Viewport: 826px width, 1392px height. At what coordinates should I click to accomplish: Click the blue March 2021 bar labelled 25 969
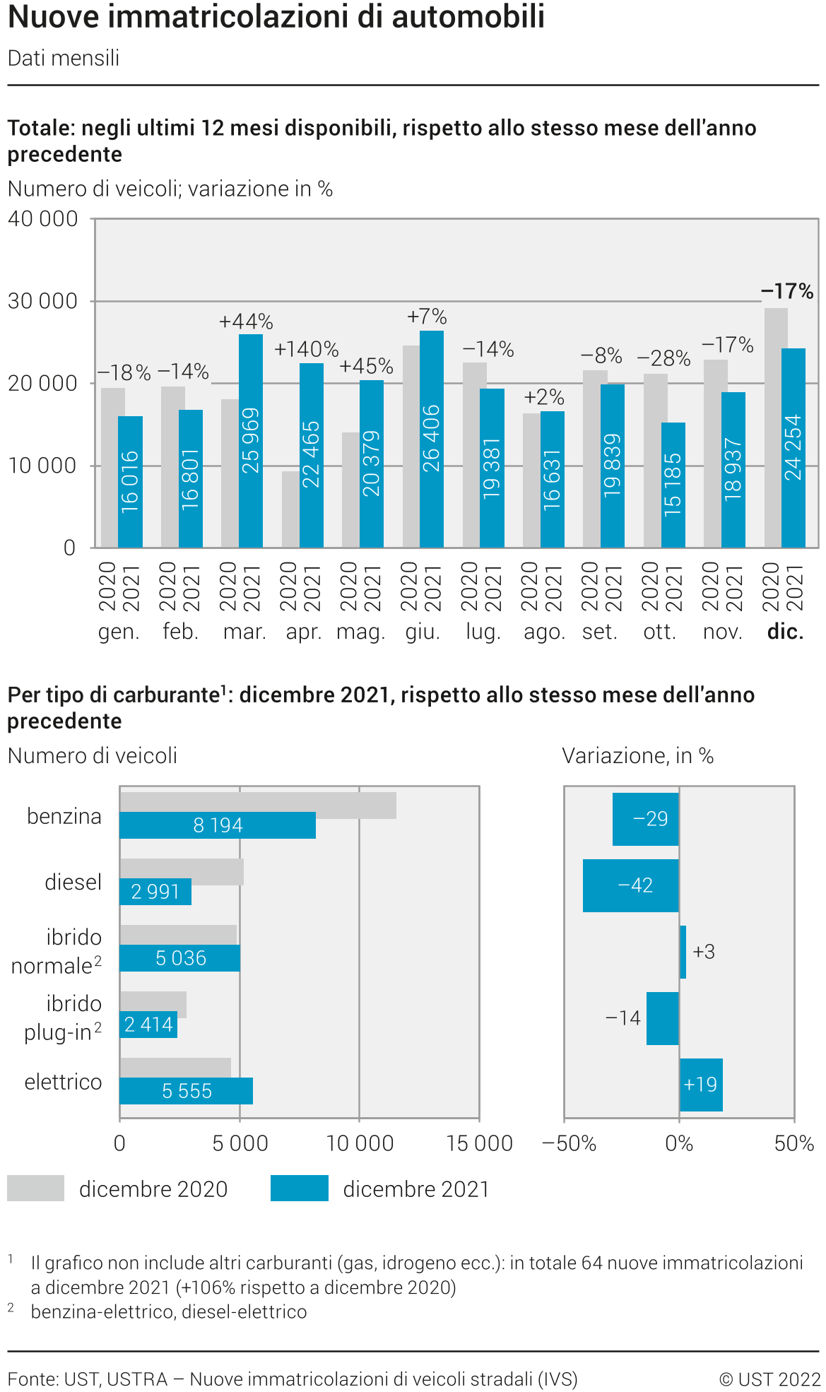[251, 440]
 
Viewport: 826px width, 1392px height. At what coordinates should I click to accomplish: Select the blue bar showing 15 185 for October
[673, 485]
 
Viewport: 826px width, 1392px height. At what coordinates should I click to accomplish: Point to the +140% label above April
[306, 349]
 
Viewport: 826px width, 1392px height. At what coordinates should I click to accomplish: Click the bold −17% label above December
[787, 291]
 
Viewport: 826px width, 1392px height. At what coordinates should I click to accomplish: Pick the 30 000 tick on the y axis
[42, 301]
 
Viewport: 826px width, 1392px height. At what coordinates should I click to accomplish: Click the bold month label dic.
[786, 632]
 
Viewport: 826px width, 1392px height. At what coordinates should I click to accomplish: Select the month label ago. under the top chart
[544, 632]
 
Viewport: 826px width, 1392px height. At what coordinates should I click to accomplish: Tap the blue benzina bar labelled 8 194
[218, 825]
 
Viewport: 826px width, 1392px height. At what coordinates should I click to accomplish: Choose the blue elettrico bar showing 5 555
[187, 1091]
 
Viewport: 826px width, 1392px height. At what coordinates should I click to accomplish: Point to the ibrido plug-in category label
[64, 1018]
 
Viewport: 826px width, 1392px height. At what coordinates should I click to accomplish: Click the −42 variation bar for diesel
[631, 885]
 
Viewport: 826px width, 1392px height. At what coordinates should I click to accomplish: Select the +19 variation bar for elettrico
[701, 1085]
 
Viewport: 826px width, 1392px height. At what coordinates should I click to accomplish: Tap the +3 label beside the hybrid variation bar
[704, 952]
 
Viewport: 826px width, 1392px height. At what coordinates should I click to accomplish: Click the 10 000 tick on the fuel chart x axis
[360, 1143]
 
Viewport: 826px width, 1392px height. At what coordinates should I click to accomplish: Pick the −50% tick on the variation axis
[569, 1143]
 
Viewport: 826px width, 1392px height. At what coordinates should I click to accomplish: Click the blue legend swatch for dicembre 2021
[300, 1188]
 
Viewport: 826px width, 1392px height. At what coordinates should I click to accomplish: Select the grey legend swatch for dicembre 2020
[36, 1188]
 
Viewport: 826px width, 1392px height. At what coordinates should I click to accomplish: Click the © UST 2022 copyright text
[769, 1379]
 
